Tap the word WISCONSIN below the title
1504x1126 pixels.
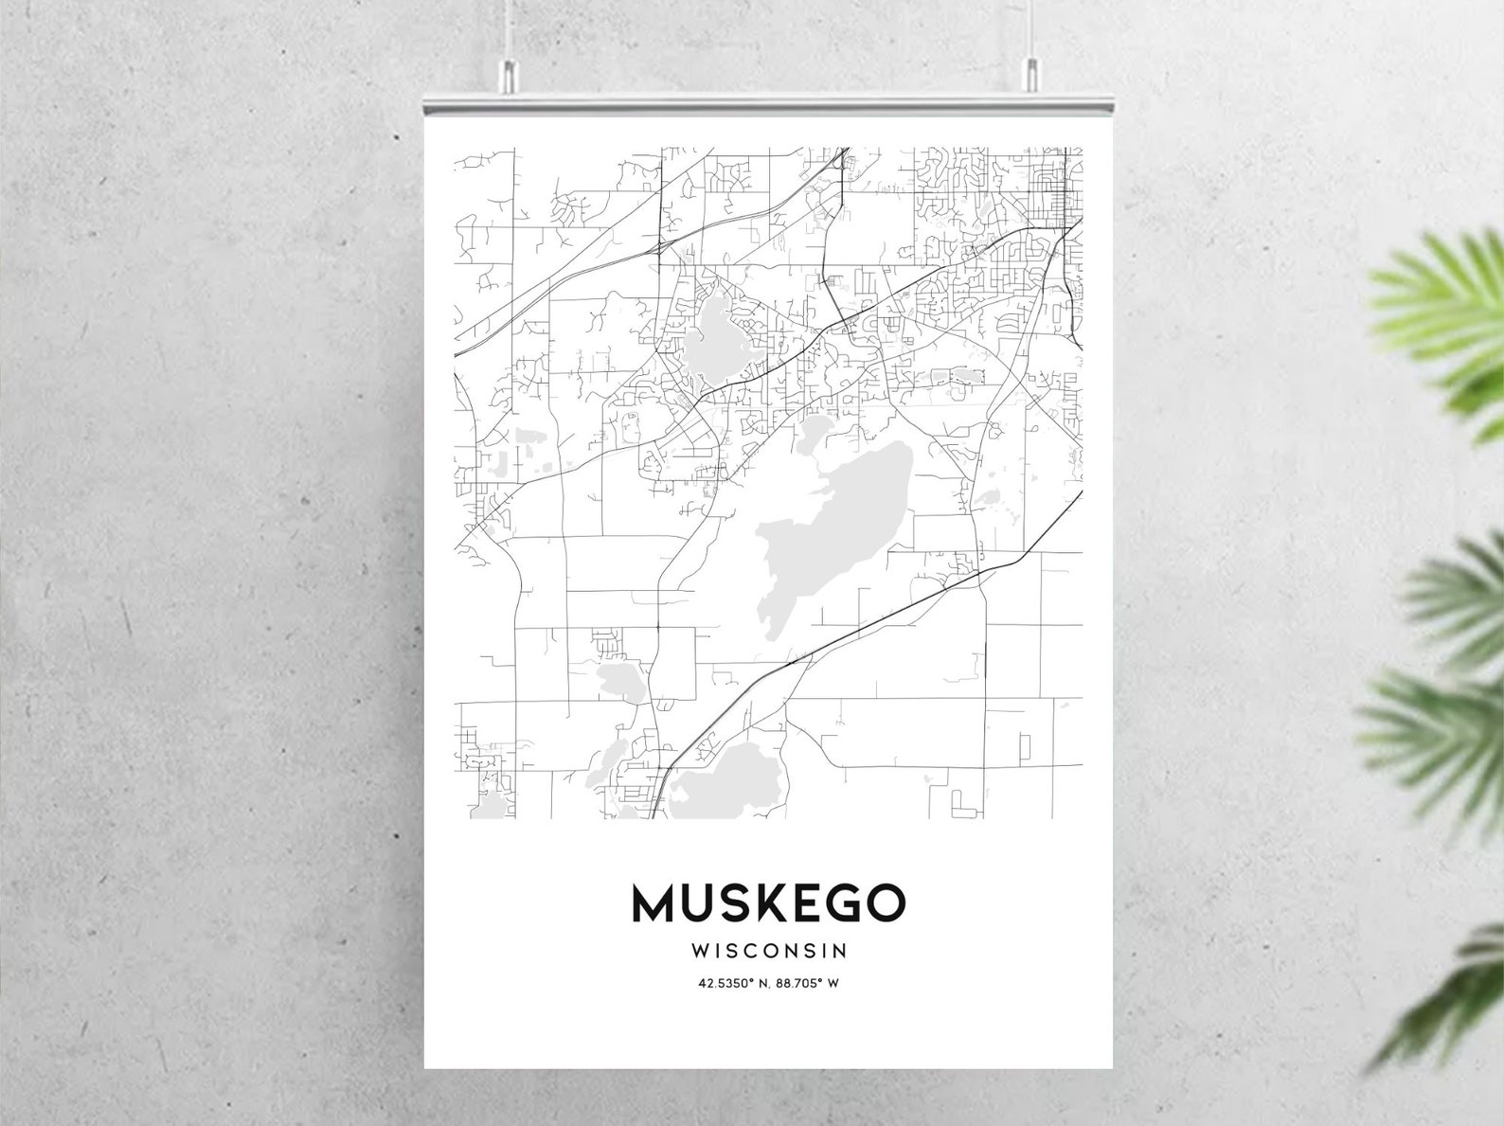tap(769, 949)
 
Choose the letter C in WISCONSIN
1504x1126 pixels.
tap(756, 949)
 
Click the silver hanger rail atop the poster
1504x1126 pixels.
tap(768, 101)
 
